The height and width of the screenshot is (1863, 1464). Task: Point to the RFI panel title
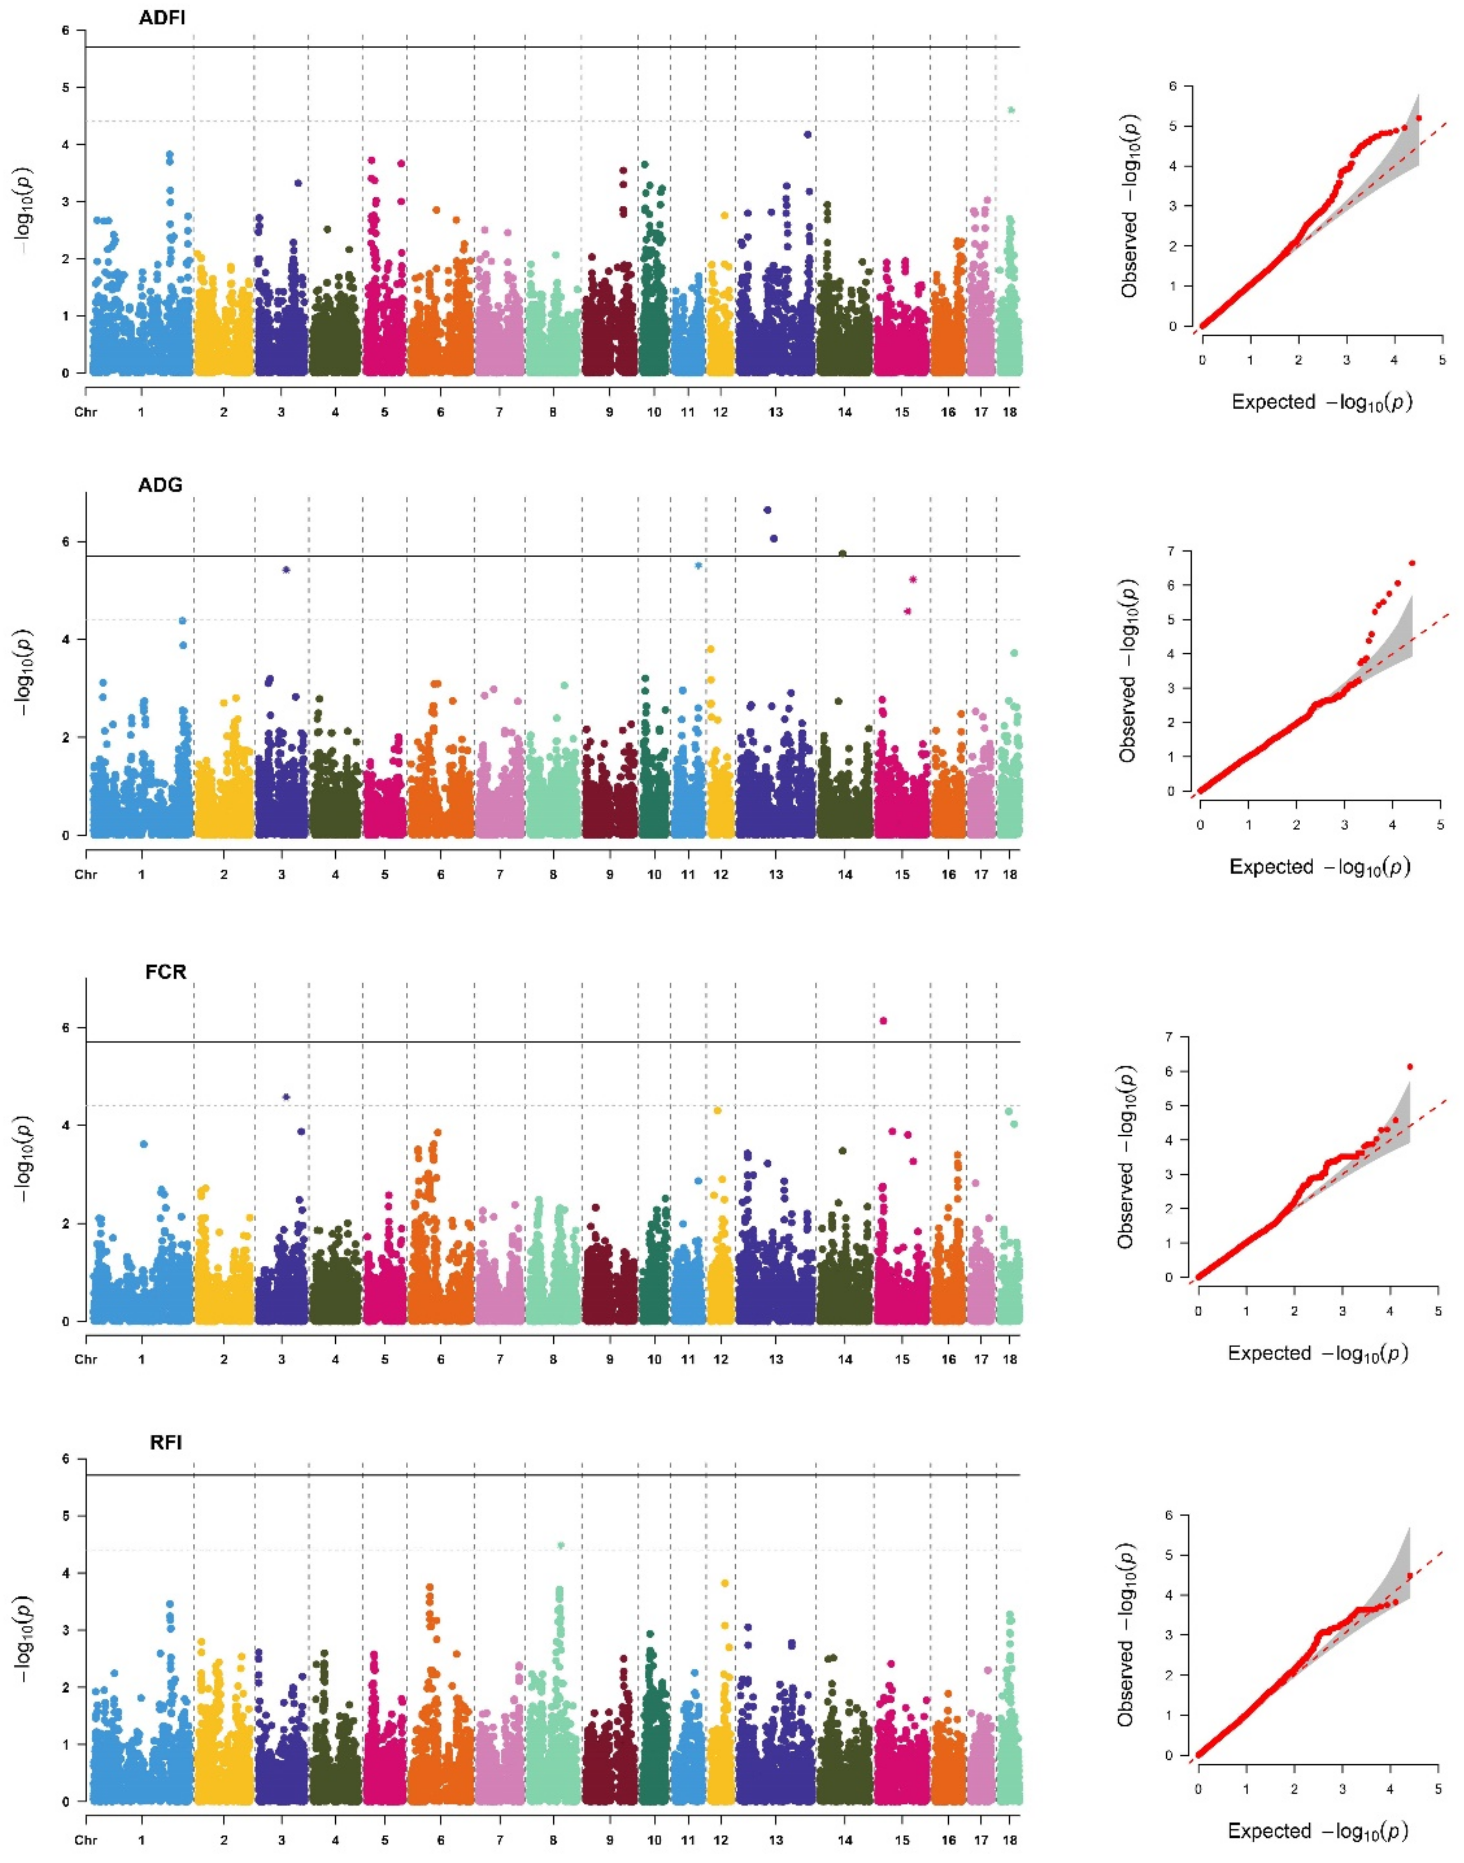(x=165, y=1442)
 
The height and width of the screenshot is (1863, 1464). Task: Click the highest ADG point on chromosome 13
(x=768, y=510)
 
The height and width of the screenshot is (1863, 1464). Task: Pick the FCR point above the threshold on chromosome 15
(x=883, y=1021)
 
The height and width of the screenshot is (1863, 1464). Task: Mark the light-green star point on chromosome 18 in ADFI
(x=1012, y=110)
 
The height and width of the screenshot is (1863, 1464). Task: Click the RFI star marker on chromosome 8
(x=561, y=1545)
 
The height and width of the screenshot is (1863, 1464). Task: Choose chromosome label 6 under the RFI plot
(x=441, y=1840)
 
